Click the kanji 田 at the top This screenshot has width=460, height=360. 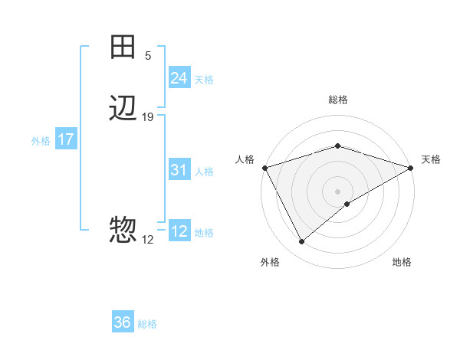(123, 47)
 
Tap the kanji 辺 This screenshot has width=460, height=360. (123, 109)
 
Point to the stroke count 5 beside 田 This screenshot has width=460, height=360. (148, 56)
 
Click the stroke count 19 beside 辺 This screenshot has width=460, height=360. (148, 117)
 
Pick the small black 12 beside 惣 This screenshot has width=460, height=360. (148, 240)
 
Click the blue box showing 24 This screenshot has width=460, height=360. (179, 78)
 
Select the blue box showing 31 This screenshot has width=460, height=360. (179, 170)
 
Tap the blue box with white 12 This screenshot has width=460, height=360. (179, 231)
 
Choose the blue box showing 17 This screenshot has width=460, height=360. (66, 140)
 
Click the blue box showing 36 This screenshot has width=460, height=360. (122, 322)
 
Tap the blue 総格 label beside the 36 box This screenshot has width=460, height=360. (147, 324)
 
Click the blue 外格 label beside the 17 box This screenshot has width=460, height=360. (41, 141)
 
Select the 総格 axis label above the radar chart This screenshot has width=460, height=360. (337, 100)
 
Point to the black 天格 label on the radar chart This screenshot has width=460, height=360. (431, 159)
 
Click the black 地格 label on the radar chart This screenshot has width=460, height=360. (402, 263)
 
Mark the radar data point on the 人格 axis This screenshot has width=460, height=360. (264, 168)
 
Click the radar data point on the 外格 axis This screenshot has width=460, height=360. (301, 242)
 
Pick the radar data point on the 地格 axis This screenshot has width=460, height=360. (347, 204)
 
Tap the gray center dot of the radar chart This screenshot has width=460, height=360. (337, 191)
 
